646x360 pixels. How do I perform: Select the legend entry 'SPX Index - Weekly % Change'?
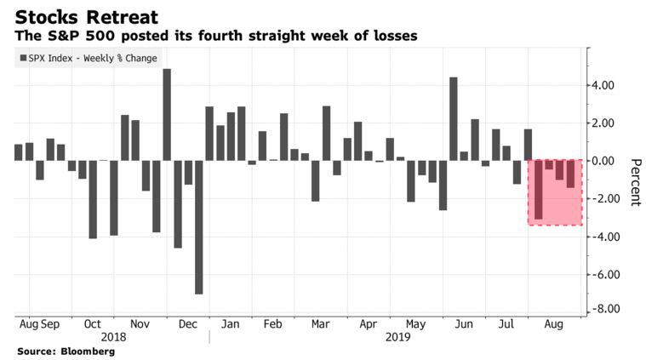[86, 58]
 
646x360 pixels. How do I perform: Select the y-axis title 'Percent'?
[635, 182]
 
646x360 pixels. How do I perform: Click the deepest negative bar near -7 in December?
[198, 227]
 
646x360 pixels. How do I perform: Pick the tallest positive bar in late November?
[167, 114]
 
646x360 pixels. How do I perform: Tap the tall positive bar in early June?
[454, 118]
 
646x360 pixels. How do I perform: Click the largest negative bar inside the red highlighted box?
[539, 189]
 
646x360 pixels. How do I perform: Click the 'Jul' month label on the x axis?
[506, 325]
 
